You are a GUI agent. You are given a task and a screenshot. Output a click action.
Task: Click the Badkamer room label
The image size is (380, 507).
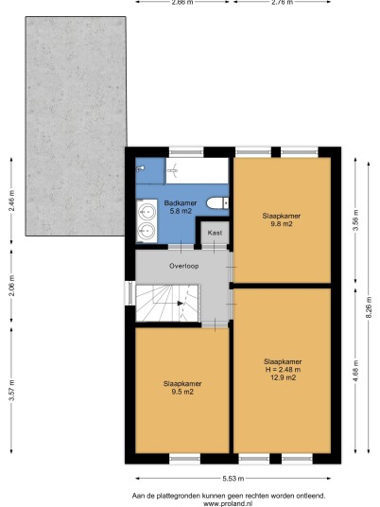click(x=181, y=203)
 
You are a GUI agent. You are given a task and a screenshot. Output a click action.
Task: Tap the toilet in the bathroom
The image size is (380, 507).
click(x=217, y=203)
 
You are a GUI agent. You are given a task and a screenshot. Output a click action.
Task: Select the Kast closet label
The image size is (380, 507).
click(x=215, y=233)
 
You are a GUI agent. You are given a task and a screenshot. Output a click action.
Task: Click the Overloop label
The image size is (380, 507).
click(x=184, y=266)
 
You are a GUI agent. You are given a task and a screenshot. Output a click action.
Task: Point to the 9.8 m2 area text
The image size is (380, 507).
click(x=282, y=224)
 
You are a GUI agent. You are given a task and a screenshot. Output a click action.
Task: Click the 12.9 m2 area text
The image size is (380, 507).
click(x=283, y=377)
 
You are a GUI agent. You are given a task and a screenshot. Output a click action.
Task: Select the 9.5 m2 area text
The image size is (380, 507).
click(x=182, y=392)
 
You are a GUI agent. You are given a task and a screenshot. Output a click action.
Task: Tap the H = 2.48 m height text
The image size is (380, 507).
click(x=283, y=370)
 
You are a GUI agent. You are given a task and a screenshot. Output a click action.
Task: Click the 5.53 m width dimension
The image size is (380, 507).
click(x=233, y=479)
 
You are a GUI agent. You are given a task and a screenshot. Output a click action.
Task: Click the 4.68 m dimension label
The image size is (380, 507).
click(x=355, y=371)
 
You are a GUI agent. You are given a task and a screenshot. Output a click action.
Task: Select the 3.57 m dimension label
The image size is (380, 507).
click(x=11, y=390)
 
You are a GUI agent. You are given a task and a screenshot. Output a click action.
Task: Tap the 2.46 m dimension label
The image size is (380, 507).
click(x=11, y=201)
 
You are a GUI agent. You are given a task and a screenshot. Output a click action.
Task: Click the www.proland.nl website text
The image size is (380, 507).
click(x=228, y=503)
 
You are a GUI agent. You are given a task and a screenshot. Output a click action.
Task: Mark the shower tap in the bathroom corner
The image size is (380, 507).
click(x=140, y=168)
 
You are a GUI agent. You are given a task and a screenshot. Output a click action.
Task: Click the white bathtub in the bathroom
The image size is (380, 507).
click(x=198, y=170)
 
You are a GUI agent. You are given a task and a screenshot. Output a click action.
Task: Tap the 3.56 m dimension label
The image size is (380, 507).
click(x=355, y=220)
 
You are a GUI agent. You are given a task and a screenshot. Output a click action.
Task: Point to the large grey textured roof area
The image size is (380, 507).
click(x=76, y=126)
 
